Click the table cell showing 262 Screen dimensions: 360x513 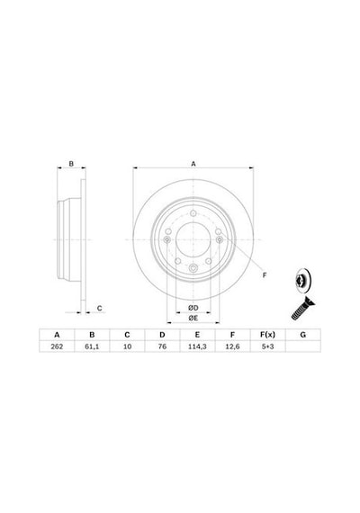click(x=57, y=346)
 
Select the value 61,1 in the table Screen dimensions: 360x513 click(x=92, y=346)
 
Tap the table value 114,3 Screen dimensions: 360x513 click(x=197, y=346)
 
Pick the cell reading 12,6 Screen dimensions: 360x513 click(x=232, y=346)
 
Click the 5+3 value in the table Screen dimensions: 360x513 click(x=267, y=346)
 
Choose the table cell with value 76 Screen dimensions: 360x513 click(x=162, y=346)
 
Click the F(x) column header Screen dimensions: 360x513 click(x=267, y=335)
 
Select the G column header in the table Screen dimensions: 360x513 click(x=303, y=335)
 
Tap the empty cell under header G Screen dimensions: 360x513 click(x=303, y=346)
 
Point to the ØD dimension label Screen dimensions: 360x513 click(x=193, y=308)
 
